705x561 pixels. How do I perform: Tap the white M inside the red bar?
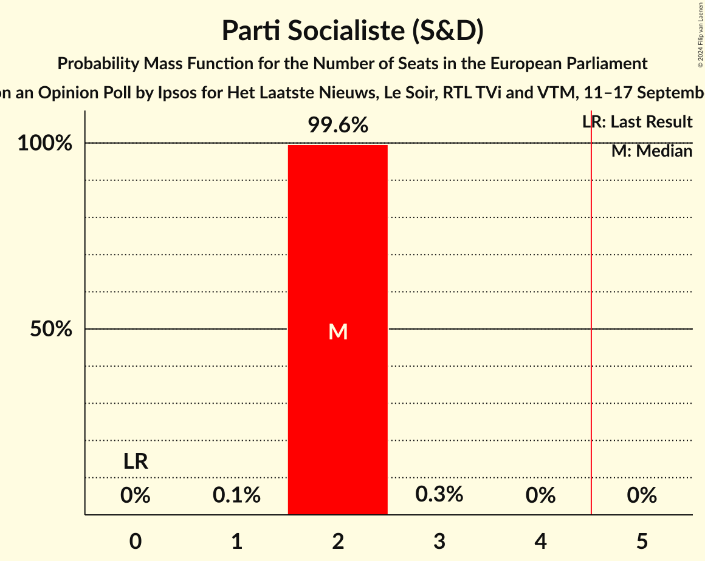coord(337,331)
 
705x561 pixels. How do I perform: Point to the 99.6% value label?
coord(337,126)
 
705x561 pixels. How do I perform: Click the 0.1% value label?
coord(236,495)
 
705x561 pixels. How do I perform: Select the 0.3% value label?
coord(439,495)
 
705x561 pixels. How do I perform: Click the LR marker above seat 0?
coord(136,461)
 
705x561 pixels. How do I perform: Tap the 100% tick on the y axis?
coord(44,144)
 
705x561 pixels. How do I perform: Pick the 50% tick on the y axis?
coord(51,330)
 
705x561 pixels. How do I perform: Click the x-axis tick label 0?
coord(136,541)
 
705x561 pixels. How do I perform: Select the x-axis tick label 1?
coord(236,541)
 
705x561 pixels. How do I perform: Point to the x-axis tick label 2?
coord(338,541)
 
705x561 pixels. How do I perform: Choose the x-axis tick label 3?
coord(439,541)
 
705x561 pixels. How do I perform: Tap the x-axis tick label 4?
coord(540,541)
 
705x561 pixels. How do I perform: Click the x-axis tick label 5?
coord(642,541)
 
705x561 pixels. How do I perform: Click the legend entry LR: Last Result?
coord(637,122)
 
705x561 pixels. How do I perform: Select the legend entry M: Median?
coord(652,151)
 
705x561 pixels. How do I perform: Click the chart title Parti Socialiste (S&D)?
coord(352,30)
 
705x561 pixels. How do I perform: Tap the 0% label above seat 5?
coord(642,495)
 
